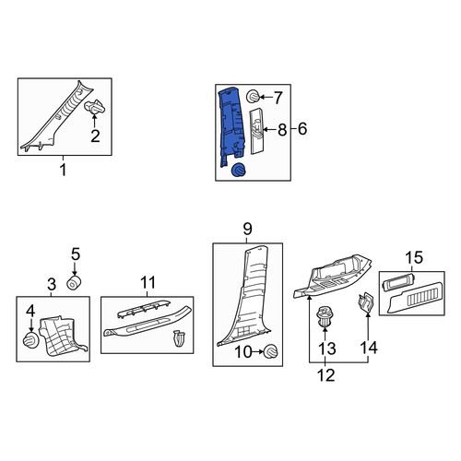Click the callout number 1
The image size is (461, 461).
[x=63, y=170]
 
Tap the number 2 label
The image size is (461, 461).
[x=95, y=136]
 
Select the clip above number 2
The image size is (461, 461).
[x=95, y=107]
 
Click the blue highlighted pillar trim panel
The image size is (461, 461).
[x=232, y=127]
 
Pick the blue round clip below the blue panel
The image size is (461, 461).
[x=238, y=170]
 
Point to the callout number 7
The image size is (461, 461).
[x=278, y=98]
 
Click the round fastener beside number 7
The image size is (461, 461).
[x=254, y=97]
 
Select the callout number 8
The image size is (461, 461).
[x=282, y=130]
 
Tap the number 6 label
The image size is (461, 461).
[x=302, y=128]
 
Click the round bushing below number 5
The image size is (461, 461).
[x=74, y=283]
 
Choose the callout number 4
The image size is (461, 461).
[x=30, y=311]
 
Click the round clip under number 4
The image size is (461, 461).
[x=31, y=340]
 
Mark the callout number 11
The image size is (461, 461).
[x=148, y=282]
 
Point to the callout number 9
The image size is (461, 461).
[x=247, y=229]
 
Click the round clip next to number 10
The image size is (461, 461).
[x=271, y=351]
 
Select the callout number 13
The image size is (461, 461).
[x=327, y=349]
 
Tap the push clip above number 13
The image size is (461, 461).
[x=325, y=317]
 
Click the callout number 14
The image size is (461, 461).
[x=369, y=348]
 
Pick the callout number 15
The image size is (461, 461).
[x=414, y=257]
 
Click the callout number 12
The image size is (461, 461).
[x=326, y=375]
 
